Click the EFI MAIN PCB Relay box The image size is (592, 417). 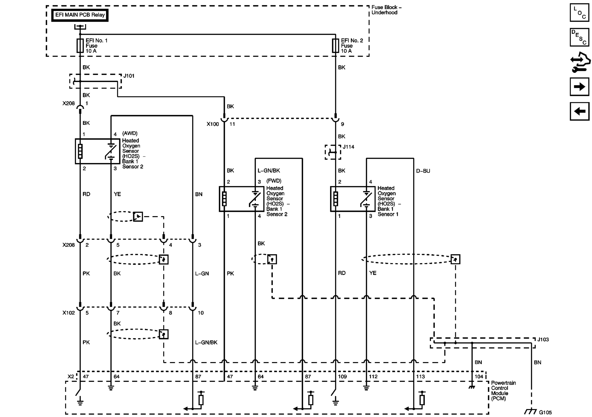pyautogui.click(x=80, y=15)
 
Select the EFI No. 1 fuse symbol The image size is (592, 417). pyautogui.click(x=80, y=46)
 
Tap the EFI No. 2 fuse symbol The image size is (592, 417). pyautogui.click(x=335, y=46)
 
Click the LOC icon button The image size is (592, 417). pyautogui.click(x=579, y=13)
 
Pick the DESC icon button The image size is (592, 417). pyautogui.click(x=579, y=37)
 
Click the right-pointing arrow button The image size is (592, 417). pyautogui.click(x=579, y=87)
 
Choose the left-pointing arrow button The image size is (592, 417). pyautogui.click(x=579, y=111)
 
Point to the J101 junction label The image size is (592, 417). pyautogui.click(x=129, y=76)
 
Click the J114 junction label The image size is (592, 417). pyautogui.click(x=349, y=147)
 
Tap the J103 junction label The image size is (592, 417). pyautogui.click(x=543, y=339)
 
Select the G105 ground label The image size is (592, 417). pyautogui.click(x=545, y=412)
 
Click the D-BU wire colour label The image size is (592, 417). pyautogui.click(x=423, y=171)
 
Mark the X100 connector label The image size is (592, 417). pyautogui.click(x=213, y=124)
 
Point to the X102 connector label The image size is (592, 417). pyautogui.click(x=69, y=313)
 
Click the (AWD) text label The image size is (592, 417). pyautogui.click(x=130, y=133)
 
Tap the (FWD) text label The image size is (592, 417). pyautogui.click(x=274, y=181)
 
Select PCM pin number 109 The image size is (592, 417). pyautogui.click(x=342, y=376)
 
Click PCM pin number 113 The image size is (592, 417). pyautogui.click(x=420, y=376)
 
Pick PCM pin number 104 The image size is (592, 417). pyautogui.click(x=479, y=376)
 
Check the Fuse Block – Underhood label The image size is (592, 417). pyautogui.click(x=386, y=10)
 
